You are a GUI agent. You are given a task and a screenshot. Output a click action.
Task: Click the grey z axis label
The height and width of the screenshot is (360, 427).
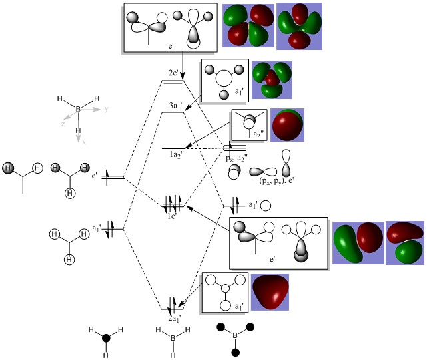[x=63, y=124]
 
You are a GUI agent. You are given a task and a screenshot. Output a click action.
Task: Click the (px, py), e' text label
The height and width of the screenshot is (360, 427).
[x=269, y=180]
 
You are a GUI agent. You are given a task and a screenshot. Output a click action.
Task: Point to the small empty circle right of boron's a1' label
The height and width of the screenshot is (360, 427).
[x=266, y=206]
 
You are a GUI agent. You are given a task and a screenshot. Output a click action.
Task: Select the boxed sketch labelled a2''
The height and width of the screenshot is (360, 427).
[x=249, y=124]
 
